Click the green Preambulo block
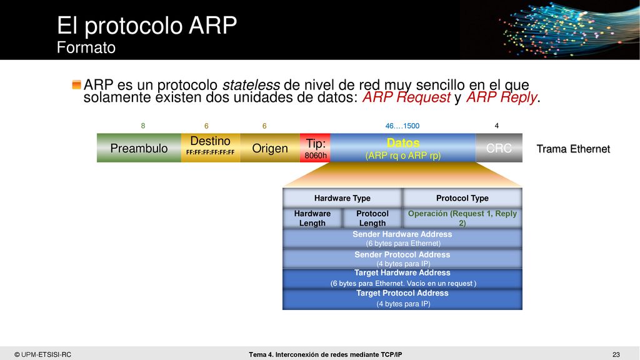[139, 147]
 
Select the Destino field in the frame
[211, 147]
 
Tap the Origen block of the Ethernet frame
[270, 147]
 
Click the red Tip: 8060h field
[315, 147]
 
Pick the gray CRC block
[499, 147]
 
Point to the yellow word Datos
[403, 143]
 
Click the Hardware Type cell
[342, 198]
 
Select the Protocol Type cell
[462, 198]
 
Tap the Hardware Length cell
[312, 218]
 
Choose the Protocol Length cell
[372, 218]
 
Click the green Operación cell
[462, 218]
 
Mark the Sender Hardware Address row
[402, 238]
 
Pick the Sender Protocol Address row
[402, 259]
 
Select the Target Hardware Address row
[402, 279]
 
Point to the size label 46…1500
[402, 126]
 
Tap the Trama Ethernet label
[573, 149]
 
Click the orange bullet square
[76, 84]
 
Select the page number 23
[616, 355]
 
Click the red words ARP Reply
[502, 97]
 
